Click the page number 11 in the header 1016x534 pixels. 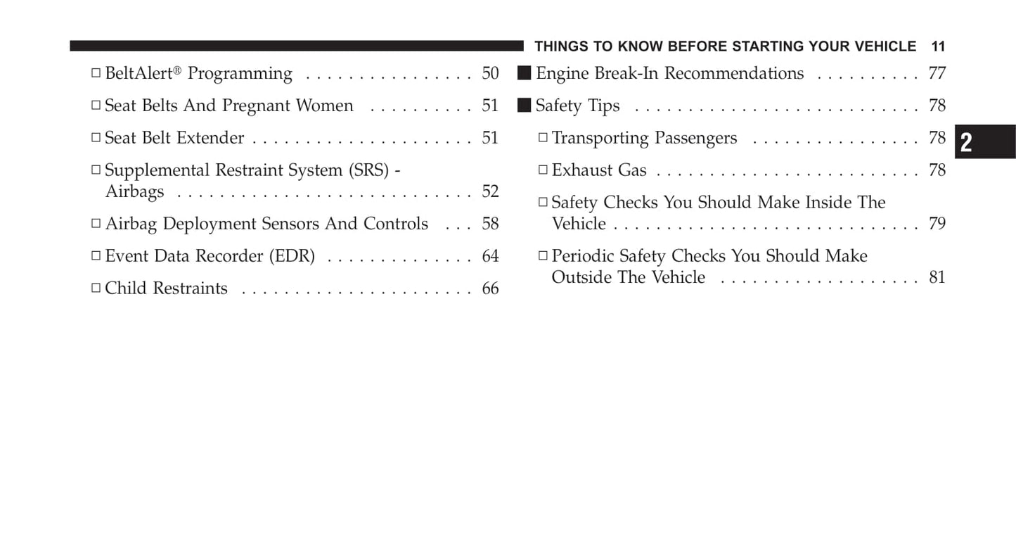[x=938, y=46]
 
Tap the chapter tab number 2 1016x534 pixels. [x=967, y=143]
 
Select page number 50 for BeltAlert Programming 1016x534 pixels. [x=490, y=73]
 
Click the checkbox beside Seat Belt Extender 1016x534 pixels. [x=96, y=138]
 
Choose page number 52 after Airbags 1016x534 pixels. [x=490, y=191]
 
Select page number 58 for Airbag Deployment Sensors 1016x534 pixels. [x=490, y=224]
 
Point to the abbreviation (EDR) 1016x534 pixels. [x=292, y=256]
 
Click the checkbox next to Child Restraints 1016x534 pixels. [x=96, y=288]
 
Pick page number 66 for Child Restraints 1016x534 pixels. [x=490, y=288]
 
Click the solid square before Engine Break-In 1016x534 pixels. [x=524, y=72]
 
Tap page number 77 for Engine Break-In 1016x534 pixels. [x=937, y=73]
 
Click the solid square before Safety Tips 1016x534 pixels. [x=524, y=105]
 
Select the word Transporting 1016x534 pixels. [x=600, y=138]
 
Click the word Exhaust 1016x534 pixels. [x=581, y=170]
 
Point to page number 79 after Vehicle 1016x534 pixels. [x=937, y=224]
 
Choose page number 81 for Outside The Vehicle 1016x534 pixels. [x=937, y=277]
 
